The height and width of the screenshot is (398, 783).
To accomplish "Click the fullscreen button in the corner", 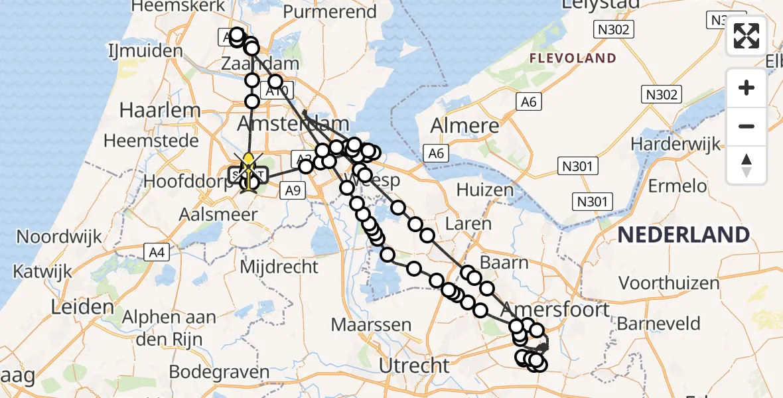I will [x=747, y=36].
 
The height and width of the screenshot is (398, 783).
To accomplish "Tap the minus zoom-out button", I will [x=747, y=126].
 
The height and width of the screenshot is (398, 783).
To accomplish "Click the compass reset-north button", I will [x=747, y=165].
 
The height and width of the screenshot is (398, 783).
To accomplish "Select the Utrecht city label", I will [x=413, y=365].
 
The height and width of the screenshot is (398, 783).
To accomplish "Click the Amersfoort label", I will [x=555, y=310].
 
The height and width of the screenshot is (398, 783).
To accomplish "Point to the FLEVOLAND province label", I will [x=573, y=58].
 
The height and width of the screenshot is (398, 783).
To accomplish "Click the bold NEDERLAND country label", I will [x=683, y=234].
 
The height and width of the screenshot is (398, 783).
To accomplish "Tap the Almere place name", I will [x=464, y=126].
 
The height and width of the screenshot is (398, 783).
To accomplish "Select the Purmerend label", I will [x=330, y=12].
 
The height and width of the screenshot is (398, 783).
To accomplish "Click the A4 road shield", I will [x=154, y=251].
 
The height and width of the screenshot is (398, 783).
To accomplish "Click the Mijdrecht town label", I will [x=279, y=267].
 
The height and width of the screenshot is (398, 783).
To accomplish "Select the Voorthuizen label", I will [x=669, y=283].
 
